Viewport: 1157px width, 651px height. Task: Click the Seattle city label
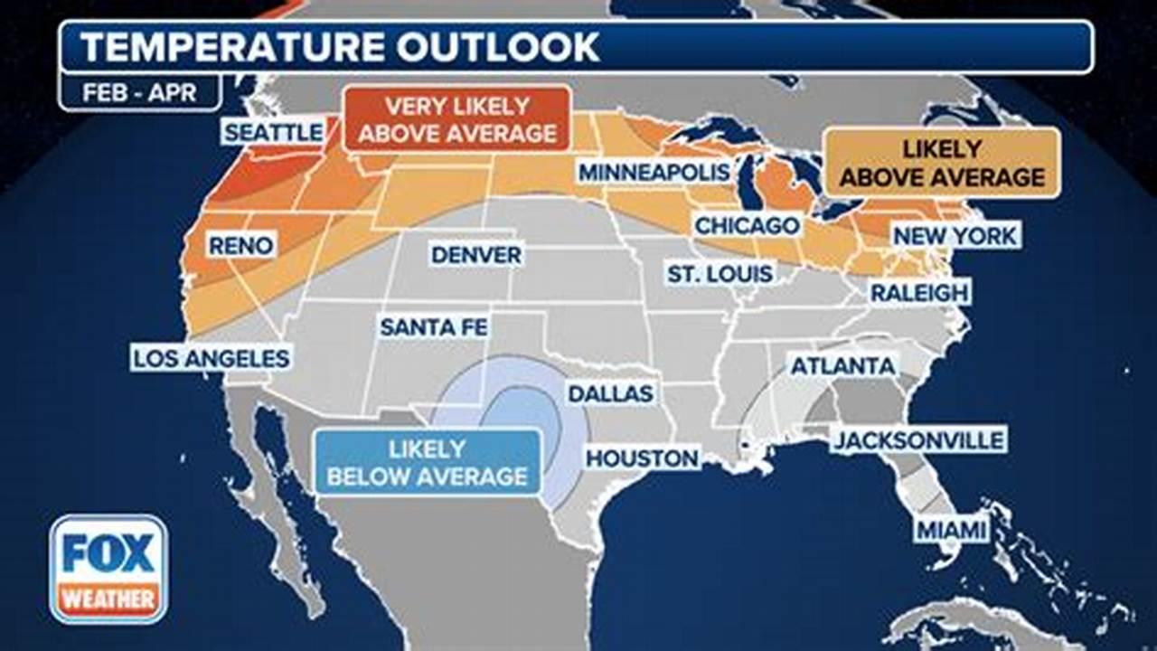[273, 132]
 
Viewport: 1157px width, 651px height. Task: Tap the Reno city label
[240, 245]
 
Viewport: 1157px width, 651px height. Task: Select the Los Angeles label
[212, 358]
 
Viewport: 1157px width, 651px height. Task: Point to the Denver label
[476, 255]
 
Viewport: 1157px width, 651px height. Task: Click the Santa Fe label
[434, 326]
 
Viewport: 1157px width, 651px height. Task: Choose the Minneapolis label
[654, 172]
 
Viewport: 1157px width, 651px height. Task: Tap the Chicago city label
[747, 225]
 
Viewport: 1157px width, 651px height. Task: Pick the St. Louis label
[720, 273]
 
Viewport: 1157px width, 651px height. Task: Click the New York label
[955, 237]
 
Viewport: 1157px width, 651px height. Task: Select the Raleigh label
[919, 292]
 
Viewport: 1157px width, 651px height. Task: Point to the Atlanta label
[843, 366]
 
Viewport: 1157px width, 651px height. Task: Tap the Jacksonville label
[918, 440]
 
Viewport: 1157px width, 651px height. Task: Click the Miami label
[952, 530]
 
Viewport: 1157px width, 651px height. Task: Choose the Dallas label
[610, 394]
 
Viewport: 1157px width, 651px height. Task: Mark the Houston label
[643, 458]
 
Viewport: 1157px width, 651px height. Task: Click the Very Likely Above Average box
[457, 118]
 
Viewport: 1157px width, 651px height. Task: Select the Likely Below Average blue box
[428, 461]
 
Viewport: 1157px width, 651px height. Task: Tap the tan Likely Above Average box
[941, 162]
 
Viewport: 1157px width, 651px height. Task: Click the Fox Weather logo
[108, 569]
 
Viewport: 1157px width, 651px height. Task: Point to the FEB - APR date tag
[139, 92]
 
